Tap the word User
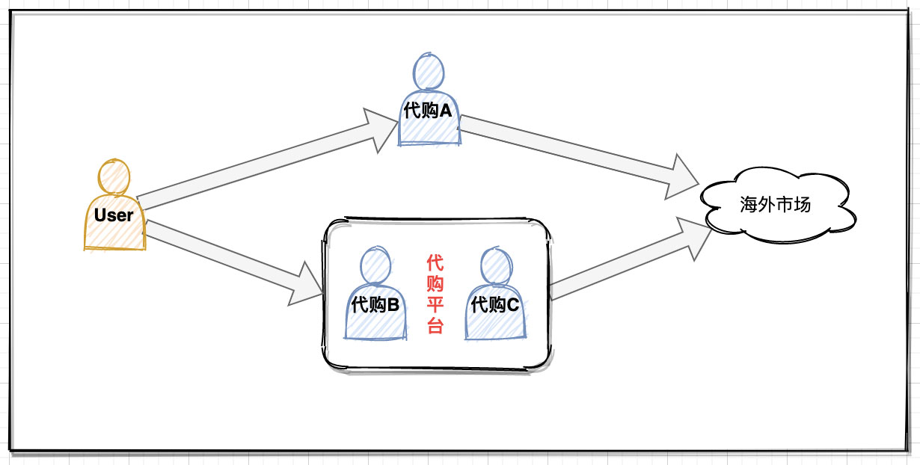tap(114, 215)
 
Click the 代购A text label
tap(428, 111)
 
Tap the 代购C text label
tap(495, 305)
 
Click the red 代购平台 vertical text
tap(435, 295)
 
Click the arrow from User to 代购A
tap(269, 161)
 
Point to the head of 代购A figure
tap(429, 72)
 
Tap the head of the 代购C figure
tap(495, 266)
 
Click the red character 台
tap(435, 327)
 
